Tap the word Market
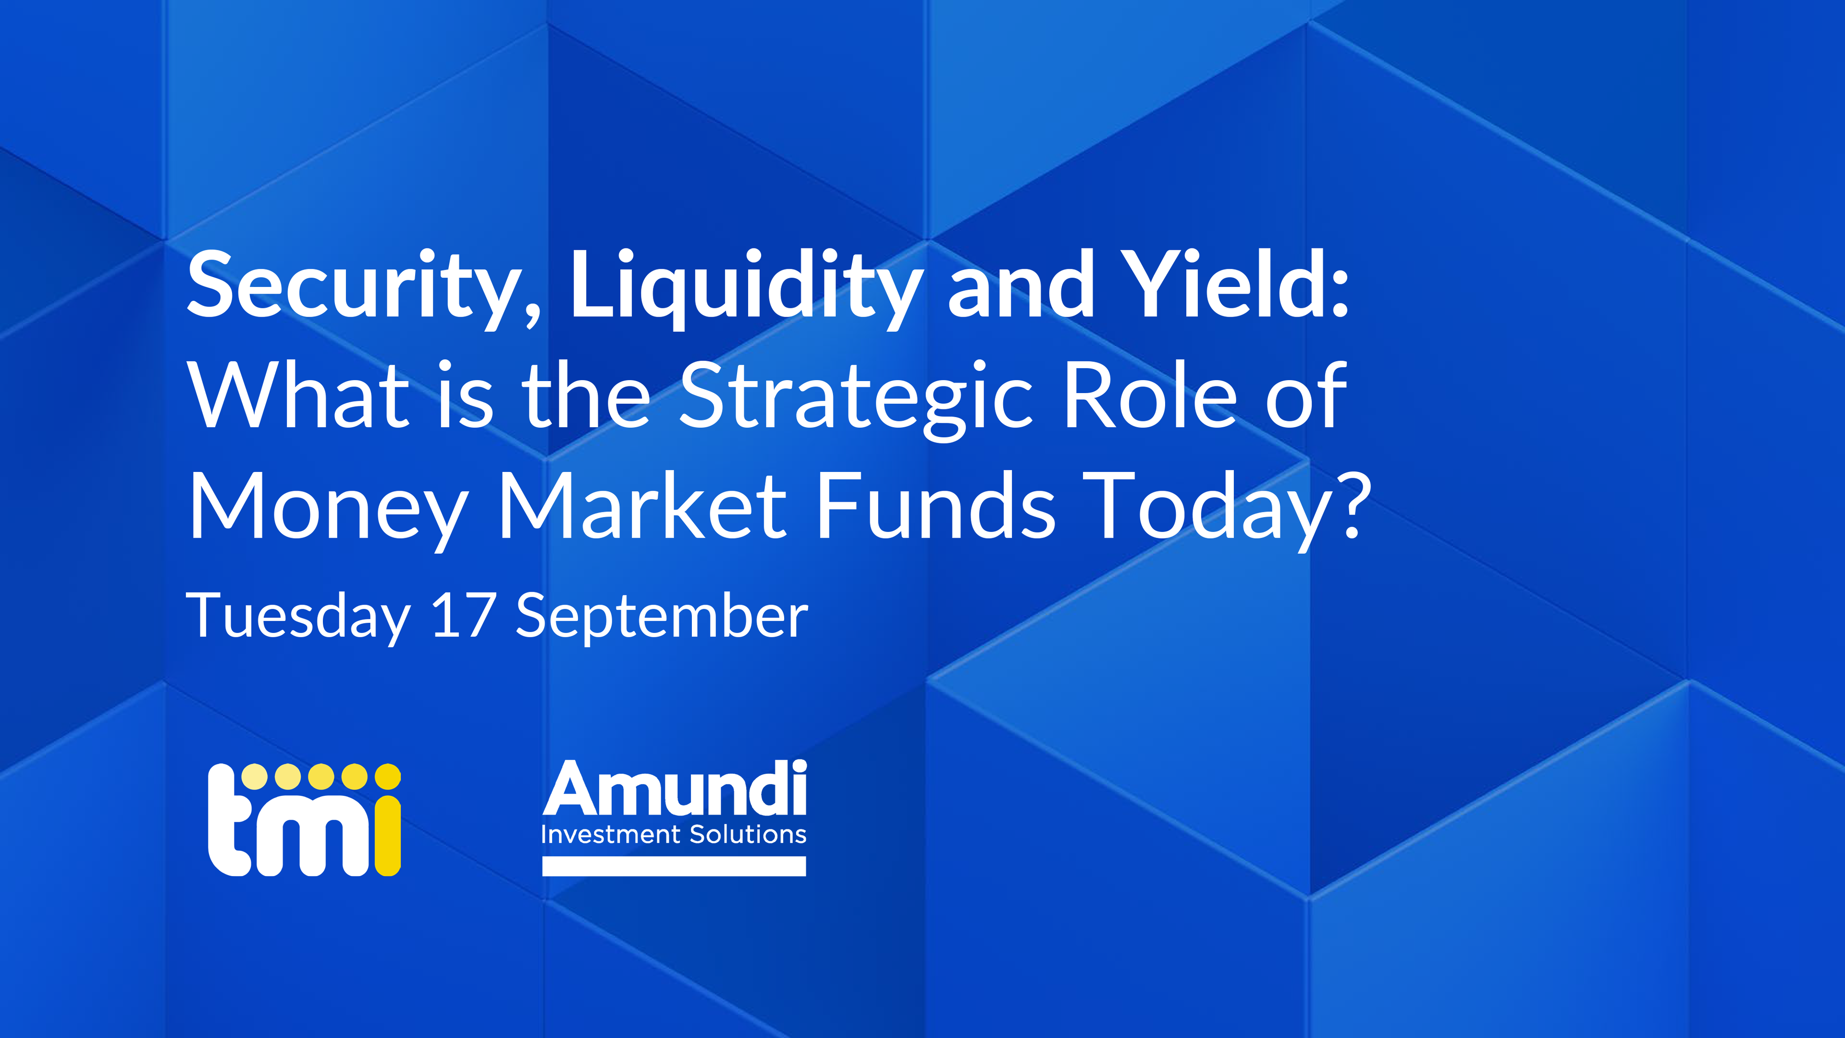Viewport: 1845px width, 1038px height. [x=643, y=505]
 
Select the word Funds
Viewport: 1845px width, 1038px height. [x=936, y=505]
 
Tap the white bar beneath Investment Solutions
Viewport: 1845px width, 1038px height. [x=674, y=866]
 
